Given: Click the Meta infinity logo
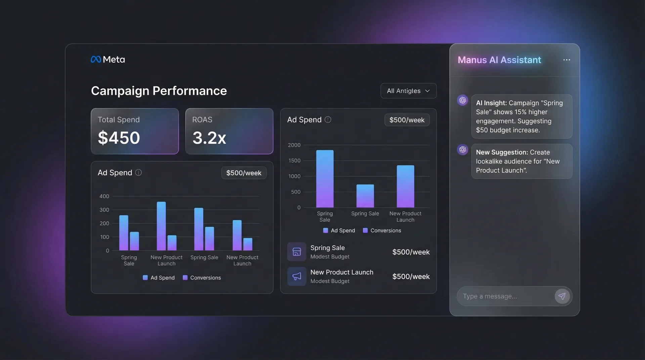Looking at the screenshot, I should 96,59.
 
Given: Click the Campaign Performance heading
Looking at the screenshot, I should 159,91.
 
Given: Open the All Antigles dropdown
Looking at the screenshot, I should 408,91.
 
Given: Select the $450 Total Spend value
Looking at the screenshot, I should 119,138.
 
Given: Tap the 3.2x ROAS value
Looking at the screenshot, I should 209,138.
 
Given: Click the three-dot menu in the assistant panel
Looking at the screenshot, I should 566,60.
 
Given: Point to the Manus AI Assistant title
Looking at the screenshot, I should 499,60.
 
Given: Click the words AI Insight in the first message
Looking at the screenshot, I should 491,103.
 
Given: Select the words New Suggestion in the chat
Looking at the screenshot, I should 502,152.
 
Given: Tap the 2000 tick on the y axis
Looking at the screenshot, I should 294,145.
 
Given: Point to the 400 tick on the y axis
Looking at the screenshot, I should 104,196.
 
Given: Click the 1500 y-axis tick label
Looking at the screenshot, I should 294,161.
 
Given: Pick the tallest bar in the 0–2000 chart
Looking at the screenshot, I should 325,179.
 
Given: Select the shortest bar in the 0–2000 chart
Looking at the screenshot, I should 365,196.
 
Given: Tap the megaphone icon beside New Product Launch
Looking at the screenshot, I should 297,276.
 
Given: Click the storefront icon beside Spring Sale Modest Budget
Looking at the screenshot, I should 297,252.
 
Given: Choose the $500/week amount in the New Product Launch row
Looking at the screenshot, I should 411,276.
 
